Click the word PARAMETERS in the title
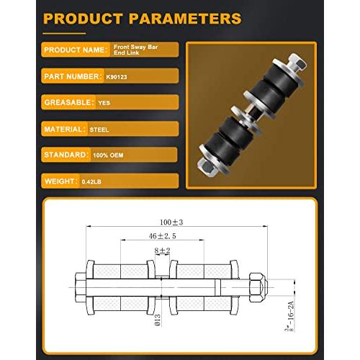pos(185,19)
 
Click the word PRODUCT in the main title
pos(83,19)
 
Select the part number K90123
pos(117,77)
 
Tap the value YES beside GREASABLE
pos(104,103)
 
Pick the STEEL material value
pos(99,130)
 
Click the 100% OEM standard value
pos(108,156)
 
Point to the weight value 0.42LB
pos(91,182)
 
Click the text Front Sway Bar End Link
pos(135,50)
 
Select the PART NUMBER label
pos(71,76)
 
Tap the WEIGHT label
pos(60,181)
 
